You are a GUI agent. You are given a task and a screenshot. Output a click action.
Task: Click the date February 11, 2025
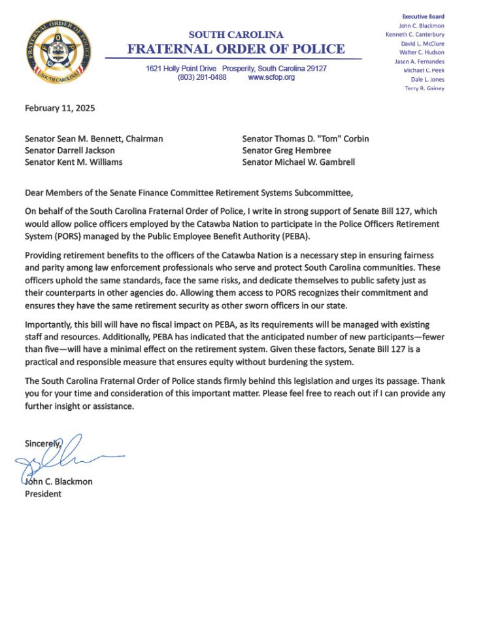pos(59,109)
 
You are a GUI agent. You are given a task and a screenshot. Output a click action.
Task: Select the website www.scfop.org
pos(271,77)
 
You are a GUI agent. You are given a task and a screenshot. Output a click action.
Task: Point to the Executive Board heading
pos(423,16)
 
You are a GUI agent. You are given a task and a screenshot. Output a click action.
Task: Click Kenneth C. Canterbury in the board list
pos(415,34)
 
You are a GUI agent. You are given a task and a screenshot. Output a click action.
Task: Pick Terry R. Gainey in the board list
pos(425,88)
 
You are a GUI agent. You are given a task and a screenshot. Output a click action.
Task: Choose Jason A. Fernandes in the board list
pos(420,61)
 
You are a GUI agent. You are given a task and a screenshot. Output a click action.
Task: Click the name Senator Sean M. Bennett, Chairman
pos(93,139)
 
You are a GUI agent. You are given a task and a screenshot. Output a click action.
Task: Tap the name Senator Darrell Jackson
pos(69,150)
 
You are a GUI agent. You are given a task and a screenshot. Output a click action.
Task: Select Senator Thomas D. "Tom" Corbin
pos(305,139)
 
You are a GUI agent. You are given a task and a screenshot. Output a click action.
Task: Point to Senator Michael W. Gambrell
pos(298,162)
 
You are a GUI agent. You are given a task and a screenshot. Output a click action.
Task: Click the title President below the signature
pos(43,494)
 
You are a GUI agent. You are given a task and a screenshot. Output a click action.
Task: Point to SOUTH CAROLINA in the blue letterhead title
pos(236,35)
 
